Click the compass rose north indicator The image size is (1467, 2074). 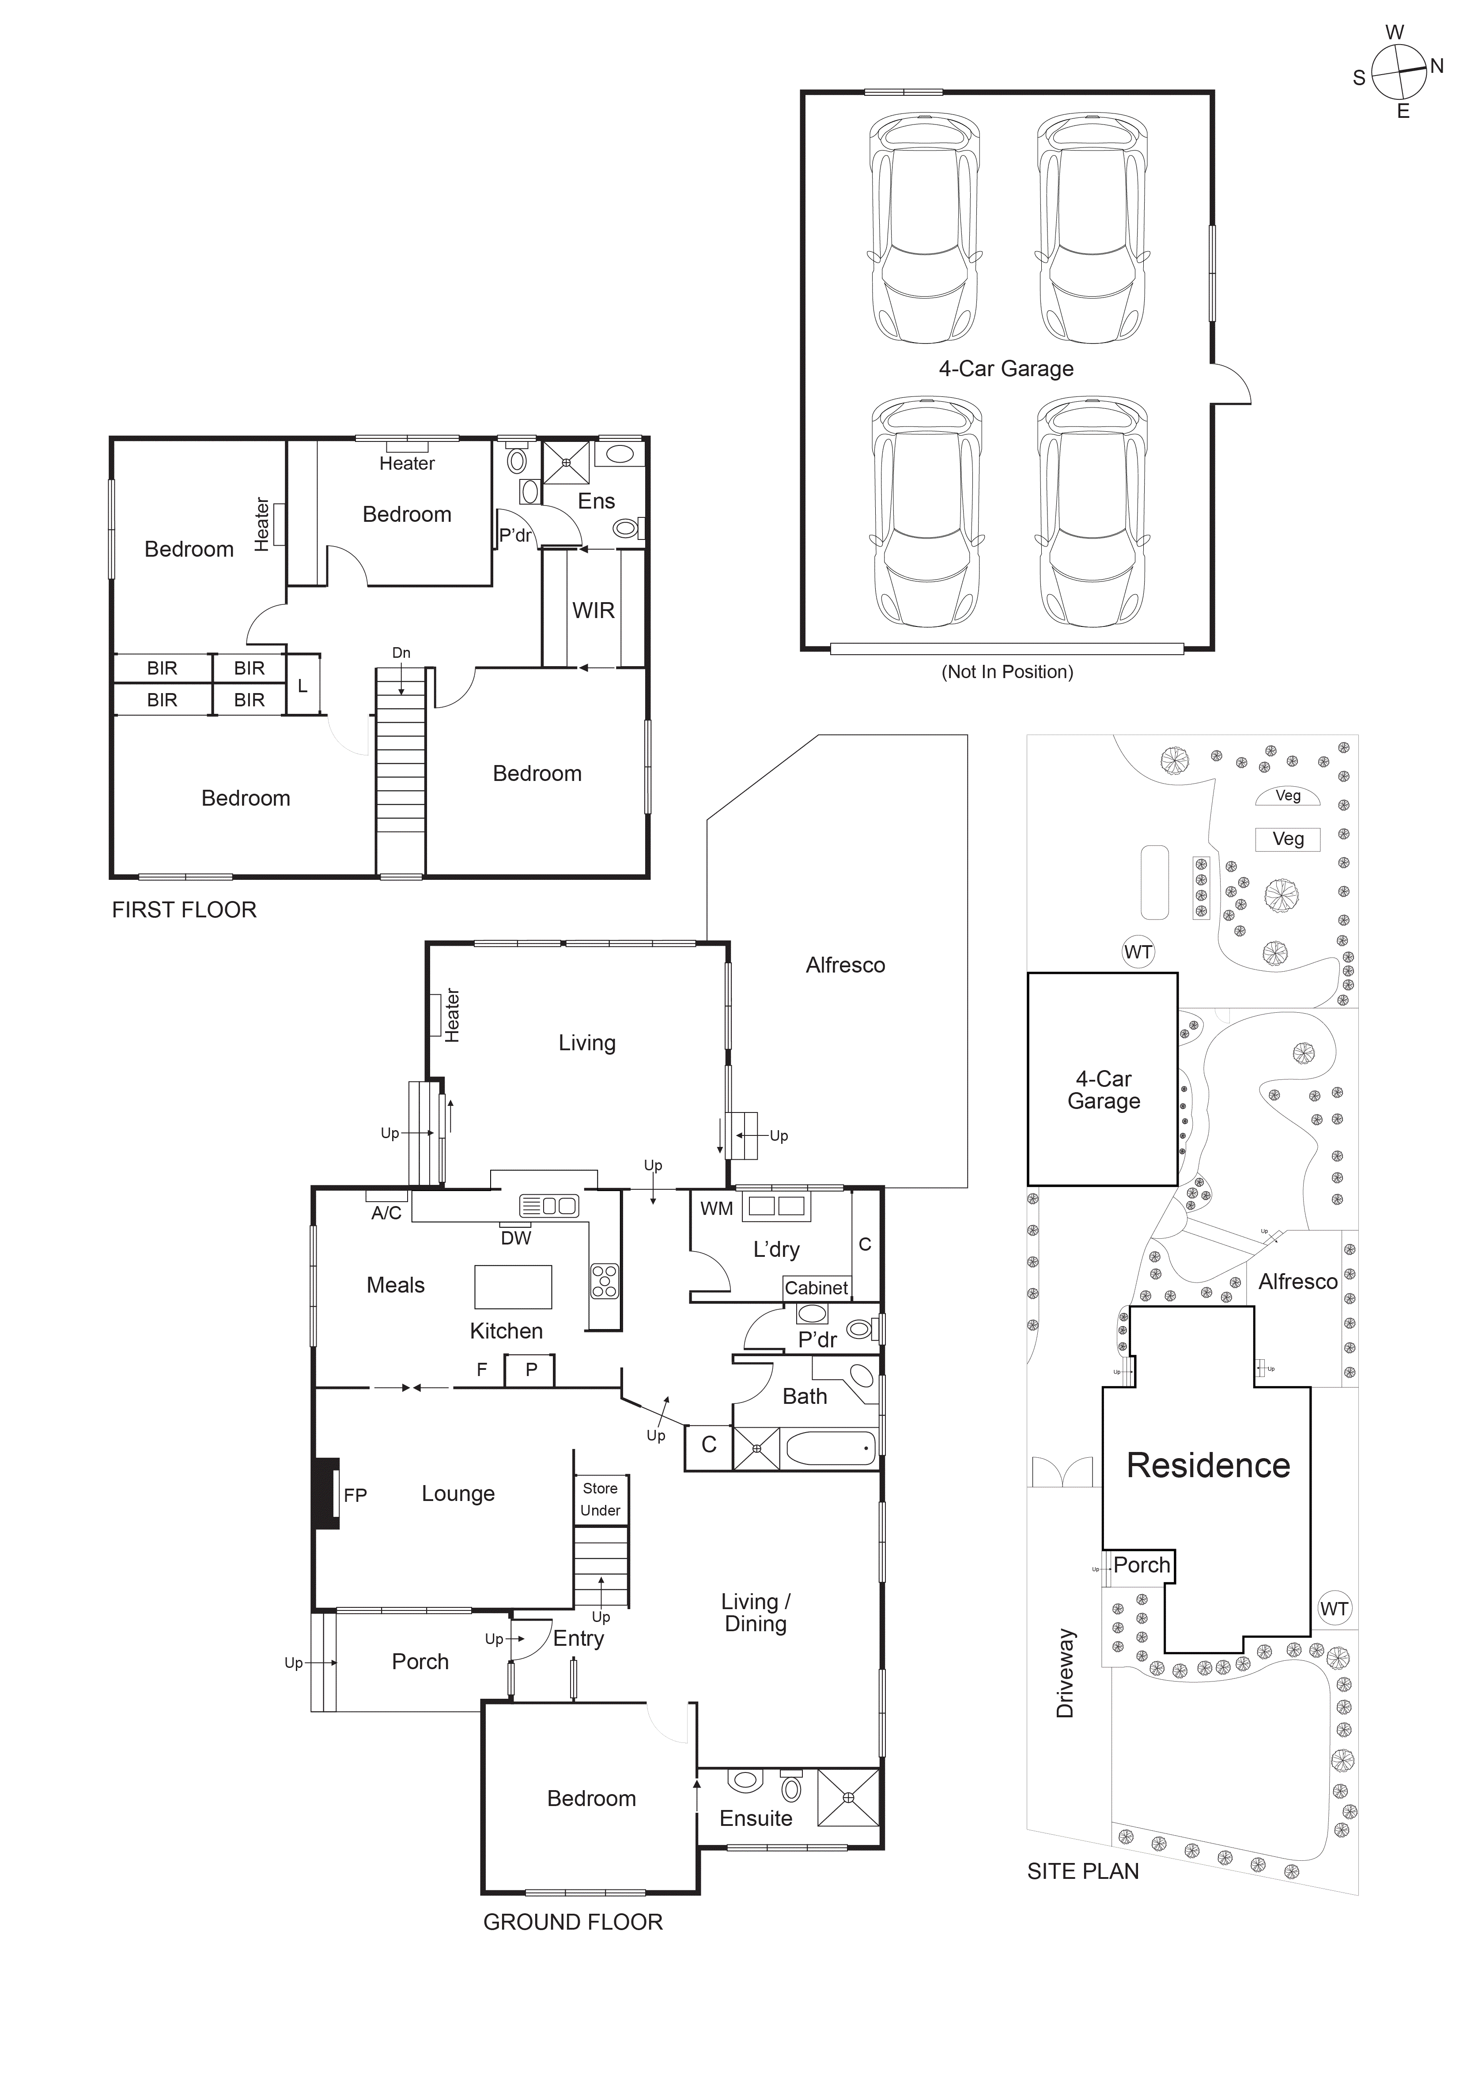coord(1435,66)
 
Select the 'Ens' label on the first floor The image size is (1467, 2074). coord(596,502)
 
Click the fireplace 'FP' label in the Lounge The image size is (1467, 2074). coord(355,1495)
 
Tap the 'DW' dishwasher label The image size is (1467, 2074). coord(516,1238)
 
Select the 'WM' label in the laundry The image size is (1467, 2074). coord(716,1209)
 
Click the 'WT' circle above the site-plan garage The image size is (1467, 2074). coord(1138,952)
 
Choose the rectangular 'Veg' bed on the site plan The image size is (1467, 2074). coord(1287,839)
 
